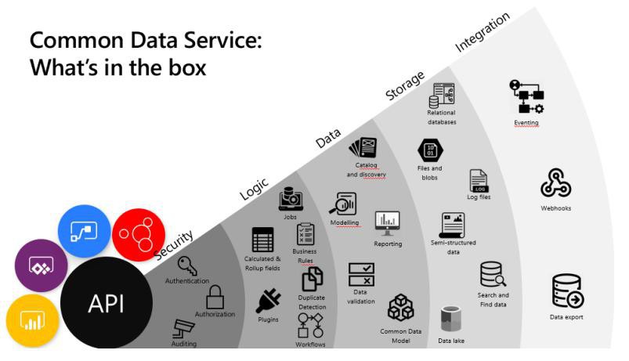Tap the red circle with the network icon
point(139,236)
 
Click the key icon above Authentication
point(187,265)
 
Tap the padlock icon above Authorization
point(215,297)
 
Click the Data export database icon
point(566,292)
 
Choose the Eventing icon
point(526,98)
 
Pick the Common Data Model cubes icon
point(401,309)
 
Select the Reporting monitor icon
point(388,223)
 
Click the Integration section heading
point(482,33)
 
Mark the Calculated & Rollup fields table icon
point(262,240)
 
